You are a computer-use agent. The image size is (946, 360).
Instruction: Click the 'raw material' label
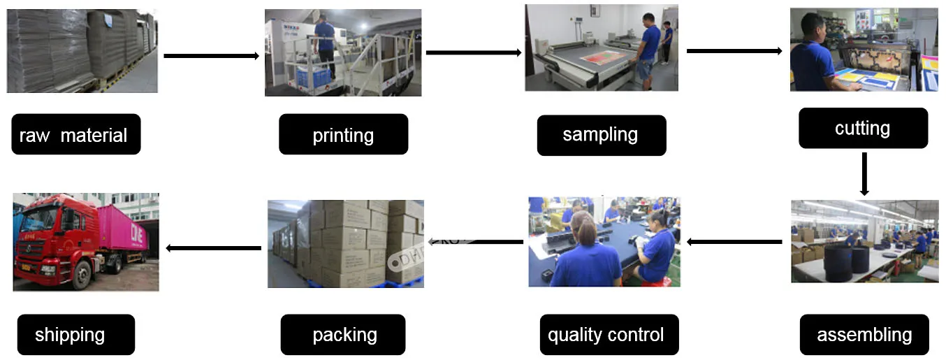pos(75,134)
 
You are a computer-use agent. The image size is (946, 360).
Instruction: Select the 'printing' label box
pos(343,134)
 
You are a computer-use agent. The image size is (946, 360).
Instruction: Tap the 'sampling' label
pos(601,135)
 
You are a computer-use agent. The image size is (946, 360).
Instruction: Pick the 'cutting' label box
pos(863,128)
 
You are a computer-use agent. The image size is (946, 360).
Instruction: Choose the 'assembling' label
pos(864,334)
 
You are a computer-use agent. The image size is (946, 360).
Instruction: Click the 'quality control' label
pos(605,334)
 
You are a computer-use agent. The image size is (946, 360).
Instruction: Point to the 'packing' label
pos(343,334)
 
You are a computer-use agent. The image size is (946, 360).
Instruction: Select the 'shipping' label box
pos(75,334)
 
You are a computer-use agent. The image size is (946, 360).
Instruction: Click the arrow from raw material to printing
pos(211,55)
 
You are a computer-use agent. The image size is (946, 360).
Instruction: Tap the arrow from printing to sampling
pos(474,52)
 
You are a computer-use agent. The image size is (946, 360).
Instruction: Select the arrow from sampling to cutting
pos(734,50)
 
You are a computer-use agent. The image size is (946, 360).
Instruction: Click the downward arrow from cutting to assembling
pos(864,173)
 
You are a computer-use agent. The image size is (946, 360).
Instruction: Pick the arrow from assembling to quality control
pos(734,242)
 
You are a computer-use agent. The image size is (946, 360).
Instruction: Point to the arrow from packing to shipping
pos(212,247)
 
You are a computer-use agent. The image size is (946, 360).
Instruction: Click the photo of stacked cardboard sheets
pos(82,51)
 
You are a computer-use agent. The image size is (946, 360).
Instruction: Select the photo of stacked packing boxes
pos(345,243)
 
